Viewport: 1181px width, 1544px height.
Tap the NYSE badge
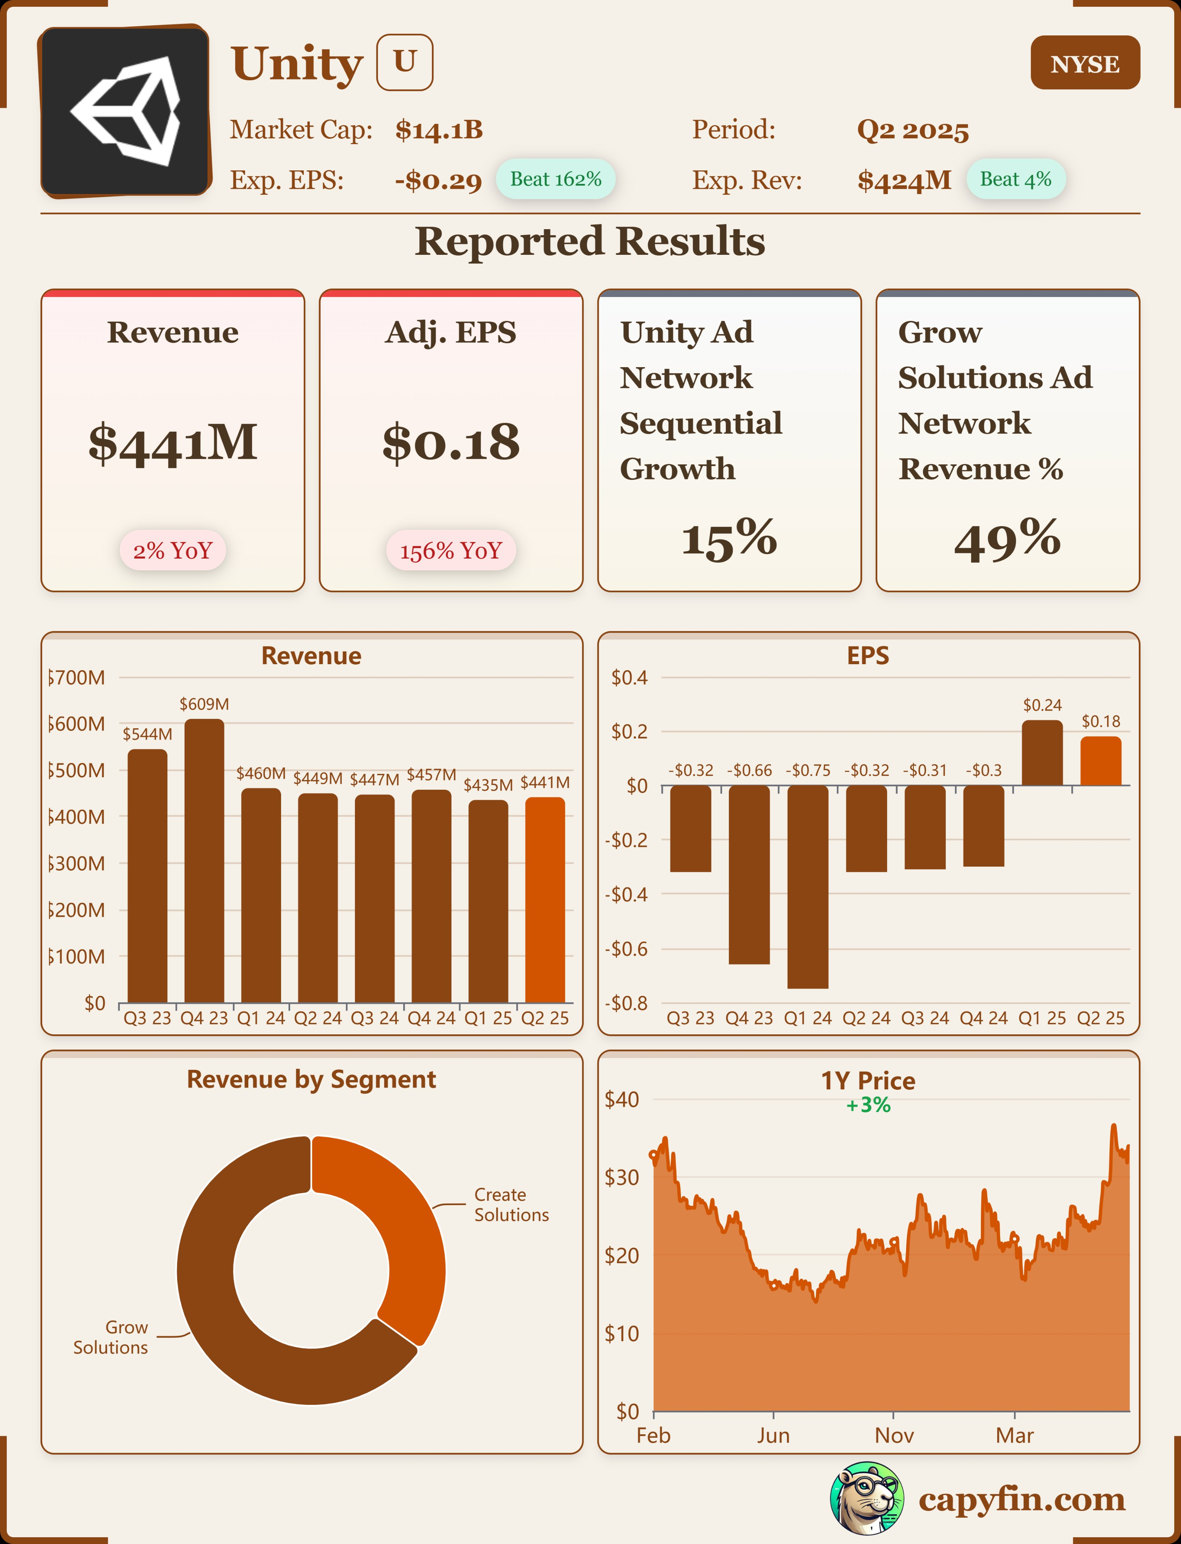tap(1085, 63)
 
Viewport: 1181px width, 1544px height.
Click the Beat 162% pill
tap(555, 179)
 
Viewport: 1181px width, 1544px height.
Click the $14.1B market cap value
tap(439, 130)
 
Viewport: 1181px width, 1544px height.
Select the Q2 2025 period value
tap(912, 130)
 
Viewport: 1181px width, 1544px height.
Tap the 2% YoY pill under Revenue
tap(172, 550)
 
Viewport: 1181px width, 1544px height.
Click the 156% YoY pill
tap(451, 550)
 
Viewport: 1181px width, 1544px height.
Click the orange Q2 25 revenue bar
tap(545, 900)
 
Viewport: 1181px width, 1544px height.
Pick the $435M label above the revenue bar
tap(488, 785)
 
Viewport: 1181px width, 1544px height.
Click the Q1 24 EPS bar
tap(808, 886)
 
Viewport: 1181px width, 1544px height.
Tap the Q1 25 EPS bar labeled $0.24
tap(1042, 752)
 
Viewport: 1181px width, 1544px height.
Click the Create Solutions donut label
tap(511, 1204)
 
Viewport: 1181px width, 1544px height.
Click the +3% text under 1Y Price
tap(868, 1105)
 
